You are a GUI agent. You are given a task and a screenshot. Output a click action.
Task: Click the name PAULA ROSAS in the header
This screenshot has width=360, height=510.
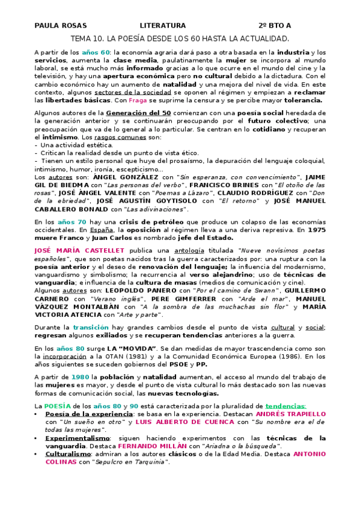pos(61,25)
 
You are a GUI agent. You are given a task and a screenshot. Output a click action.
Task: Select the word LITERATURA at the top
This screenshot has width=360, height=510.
pos(163,25)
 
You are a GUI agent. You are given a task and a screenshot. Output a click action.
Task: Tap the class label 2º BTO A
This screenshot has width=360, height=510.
pos(275,25)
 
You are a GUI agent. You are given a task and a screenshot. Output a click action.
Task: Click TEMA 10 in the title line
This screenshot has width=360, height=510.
pos(86,38)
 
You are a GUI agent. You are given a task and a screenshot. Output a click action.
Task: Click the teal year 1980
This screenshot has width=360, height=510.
pos(79,377)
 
